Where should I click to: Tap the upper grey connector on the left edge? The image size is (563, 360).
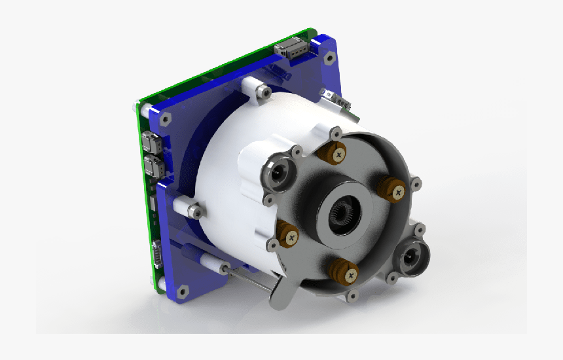[149, 141]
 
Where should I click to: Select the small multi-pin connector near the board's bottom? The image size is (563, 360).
[158, 254]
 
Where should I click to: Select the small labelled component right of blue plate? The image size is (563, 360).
[335, 98]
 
